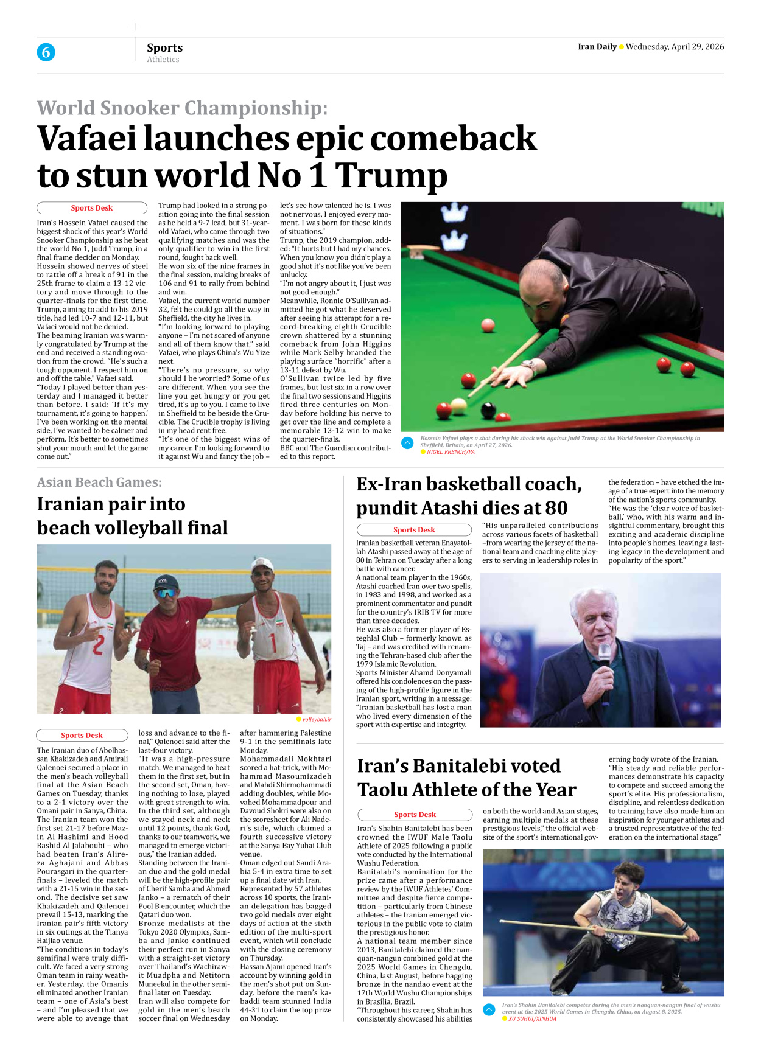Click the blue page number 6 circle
coord(46,52)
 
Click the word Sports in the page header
coord(164,47)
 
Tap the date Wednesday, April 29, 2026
coord(675,47)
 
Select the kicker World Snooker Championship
coord(182,108)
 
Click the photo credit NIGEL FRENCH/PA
coord(451,452)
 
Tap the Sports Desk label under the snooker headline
coord(92,208)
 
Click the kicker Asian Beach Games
coord(99,482)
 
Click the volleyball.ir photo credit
coord(317,719)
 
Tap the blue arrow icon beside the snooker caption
coord(408,443)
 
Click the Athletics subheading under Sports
coord(163,60)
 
